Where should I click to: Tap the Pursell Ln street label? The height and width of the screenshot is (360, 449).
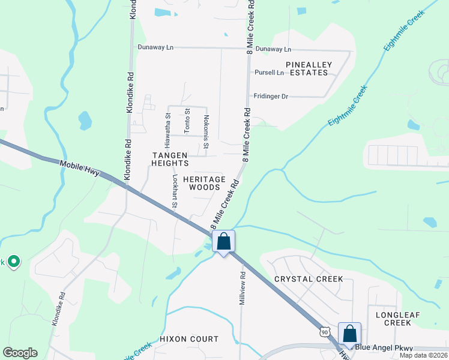point(269,73)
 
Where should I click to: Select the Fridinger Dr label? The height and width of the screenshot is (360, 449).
point(271,96)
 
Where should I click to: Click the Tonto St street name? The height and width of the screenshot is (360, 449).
point(187,119)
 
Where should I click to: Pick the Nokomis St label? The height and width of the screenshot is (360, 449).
point(206,132)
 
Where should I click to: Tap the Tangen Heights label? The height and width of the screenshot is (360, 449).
point(169,159)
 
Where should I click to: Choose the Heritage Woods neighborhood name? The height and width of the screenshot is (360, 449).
point(204,183)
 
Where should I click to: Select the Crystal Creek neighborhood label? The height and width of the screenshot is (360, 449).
point(309,279)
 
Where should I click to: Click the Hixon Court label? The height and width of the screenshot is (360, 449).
point(189,339)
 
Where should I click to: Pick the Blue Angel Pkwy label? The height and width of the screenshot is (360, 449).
point(379,347)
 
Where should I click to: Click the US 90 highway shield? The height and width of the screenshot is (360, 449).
point(325,332)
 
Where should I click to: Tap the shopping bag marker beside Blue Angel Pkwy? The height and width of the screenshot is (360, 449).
point(349,334)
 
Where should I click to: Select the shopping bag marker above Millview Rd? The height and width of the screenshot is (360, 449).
point(223,242)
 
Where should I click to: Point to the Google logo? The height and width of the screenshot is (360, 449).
point(20,353)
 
